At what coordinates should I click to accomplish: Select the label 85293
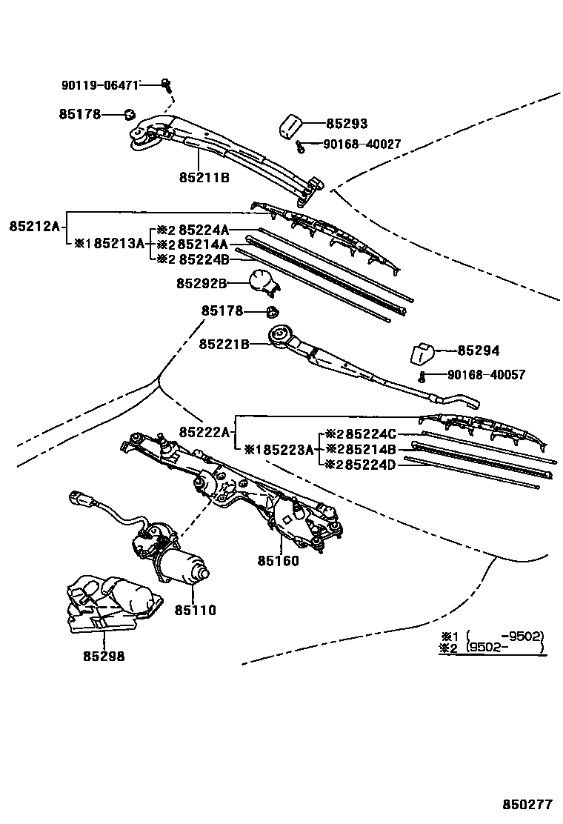click(347, 124)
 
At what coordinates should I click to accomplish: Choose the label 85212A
click(34, 225)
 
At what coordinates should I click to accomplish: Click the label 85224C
click(371, 434)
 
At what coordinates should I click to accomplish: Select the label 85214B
click(371, 449)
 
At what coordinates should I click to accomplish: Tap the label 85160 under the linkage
click(279, 561)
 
